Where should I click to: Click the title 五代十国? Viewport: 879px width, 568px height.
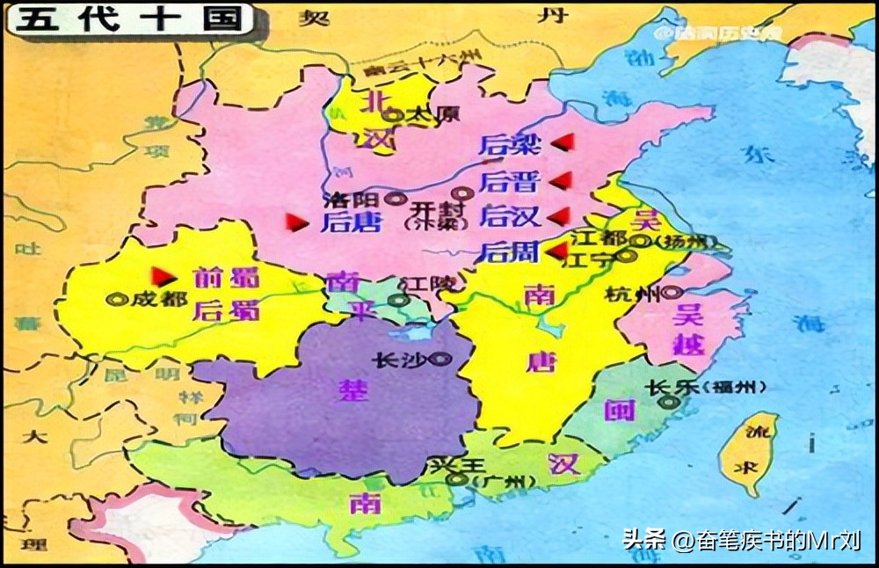click(x=127, y=20)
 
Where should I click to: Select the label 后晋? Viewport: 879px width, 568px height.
click(x=508, y=181)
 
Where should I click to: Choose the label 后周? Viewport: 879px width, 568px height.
click(x=508, y=252)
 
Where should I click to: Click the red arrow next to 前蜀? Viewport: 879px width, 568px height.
click(x=160, y=275)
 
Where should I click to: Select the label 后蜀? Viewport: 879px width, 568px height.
click(x=226, y=309)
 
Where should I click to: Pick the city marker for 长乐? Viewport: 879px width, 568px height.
click(x=671, y=402)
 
